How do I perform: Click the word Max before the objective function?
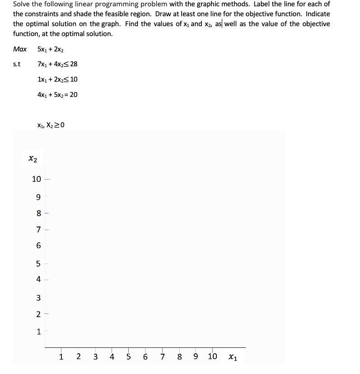coord(19,49)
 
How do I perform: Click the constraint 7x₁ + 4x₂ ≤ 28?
coord(57,64)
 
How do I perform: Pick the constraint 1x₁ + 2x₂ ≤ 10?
coord(57,79)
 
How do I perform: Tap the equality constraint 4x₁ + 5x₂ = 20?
coord(57,95)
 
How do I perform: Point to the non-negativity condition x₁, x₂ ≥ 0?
coord(52,125)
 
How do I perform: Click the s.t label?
coord(17,64)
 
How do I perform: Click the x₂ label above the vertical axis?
coord(33,158)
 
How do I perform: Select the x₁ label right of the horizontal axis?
coord(232,357)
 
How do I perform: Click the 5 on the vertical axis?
coord(39,263)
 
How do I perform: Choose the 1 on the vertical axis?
coord(39,332)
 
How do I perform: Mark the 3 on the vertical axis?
coord(39,298)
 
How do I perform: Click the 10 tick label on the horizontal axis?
coord(212,357)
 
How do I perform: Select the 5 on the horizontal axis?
coord(129,357)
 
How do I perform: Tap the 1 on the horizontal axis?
coord(61,357)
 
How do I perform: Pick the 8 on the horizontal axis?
coord(179,357)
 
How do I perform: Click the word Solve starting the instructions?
coord(22,4)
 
